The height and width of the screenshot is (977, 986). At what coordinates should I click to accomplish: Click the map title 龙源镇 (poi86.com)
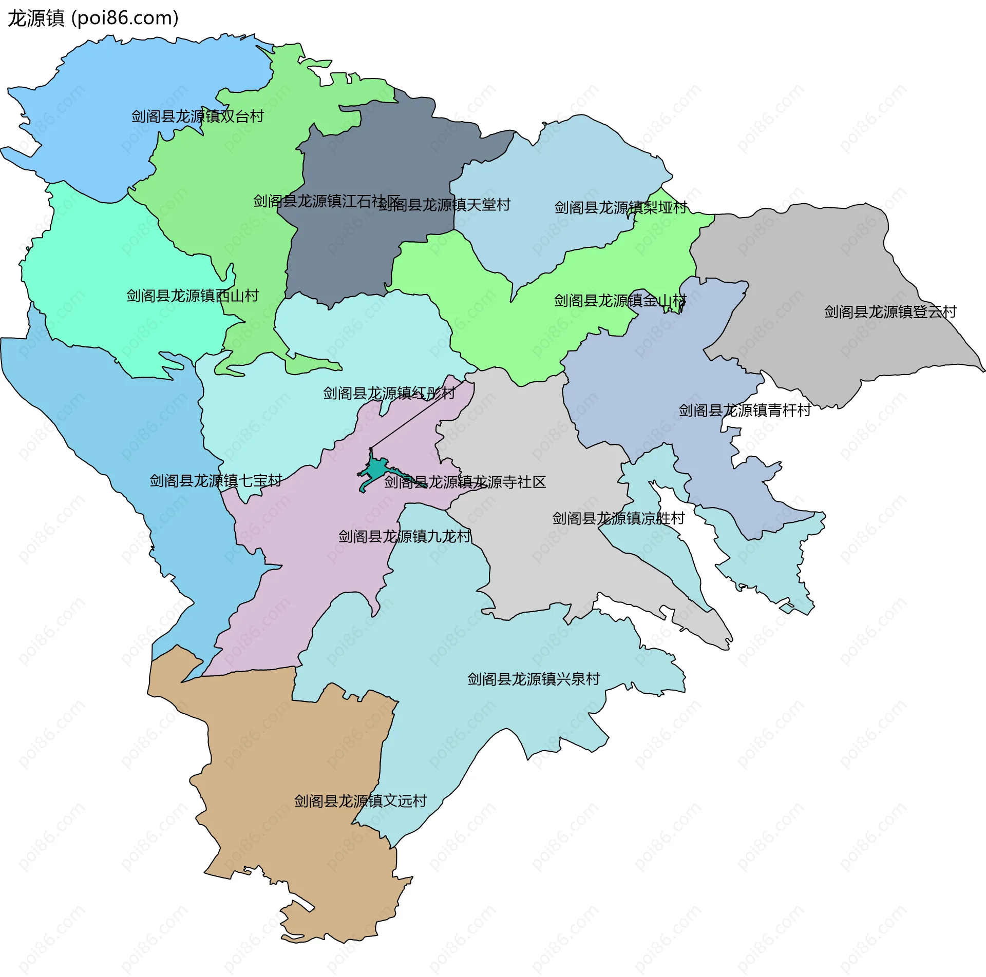[x=93, y=18]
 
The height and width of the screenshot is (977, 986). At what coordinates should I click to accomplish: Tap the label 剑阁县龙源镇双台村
[x=198, y=116]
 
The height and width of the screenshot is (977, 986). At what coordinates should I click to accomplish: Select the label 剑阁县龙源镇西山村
[x=193, y=296]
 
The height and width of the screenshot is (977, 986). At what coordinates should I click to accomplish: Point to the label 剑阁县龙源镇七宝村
[x=216, y=481]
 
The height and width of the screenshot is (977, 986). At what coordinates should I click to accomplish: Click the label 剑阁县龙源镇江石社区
[x=327, y=201]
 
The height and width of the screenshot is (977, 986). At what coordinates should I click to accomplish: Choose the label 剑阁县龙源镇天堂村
[x=445, y=205]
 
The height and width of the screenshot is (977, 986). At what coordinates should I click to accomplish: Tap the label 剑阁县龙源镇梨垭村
[x=621, y=208]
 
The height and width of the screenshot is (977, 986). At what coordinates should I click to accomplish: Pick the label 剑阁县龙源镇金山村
[x=620, y=301]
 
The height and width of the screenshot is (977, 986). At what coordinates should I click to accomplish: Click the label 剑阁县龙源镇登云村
[x=890, y=312]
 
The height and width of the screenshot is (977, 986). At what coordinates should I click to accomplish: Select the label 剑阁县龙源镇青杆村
[x=745, y=411]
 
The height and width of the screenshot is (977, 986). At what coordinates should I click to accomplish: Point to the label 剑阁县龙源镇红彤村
[x=389, y=394]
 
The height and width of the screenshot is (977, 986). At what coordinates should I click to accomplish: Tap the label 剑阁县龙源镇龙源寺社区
[x=465, y=482]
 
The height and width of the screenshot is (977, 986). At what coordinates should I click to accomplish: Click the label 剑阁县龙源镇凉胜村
[x=618, y=519]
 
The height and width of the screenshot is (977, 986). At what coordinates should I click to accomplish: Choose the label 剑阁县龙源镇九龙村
[x=405, y=537]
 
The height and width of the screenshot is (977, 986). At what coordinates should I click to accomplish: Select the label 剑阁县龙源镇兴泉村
[x=534, y=679]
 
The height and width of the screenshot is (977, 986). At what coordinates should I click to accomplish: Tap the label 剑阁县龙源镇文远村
[x=360, y=802]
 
